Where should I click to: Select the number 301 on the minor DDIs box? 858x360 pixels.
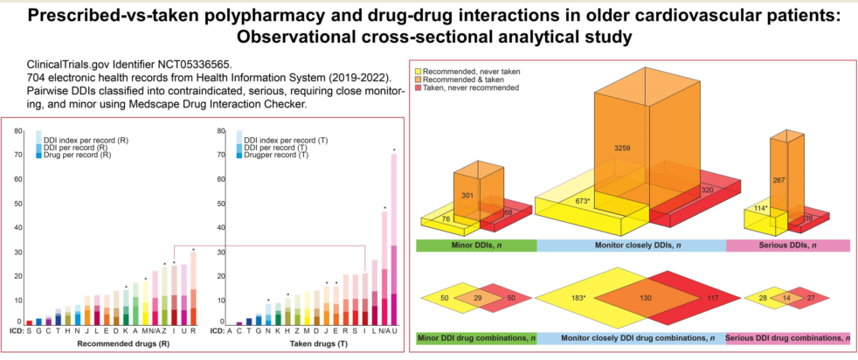[467, 195]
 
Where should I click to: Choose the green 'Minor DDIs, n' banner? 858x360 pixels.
[475, 246]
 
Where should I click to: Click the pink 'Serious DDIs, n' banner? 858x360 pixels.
[788, 246]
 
